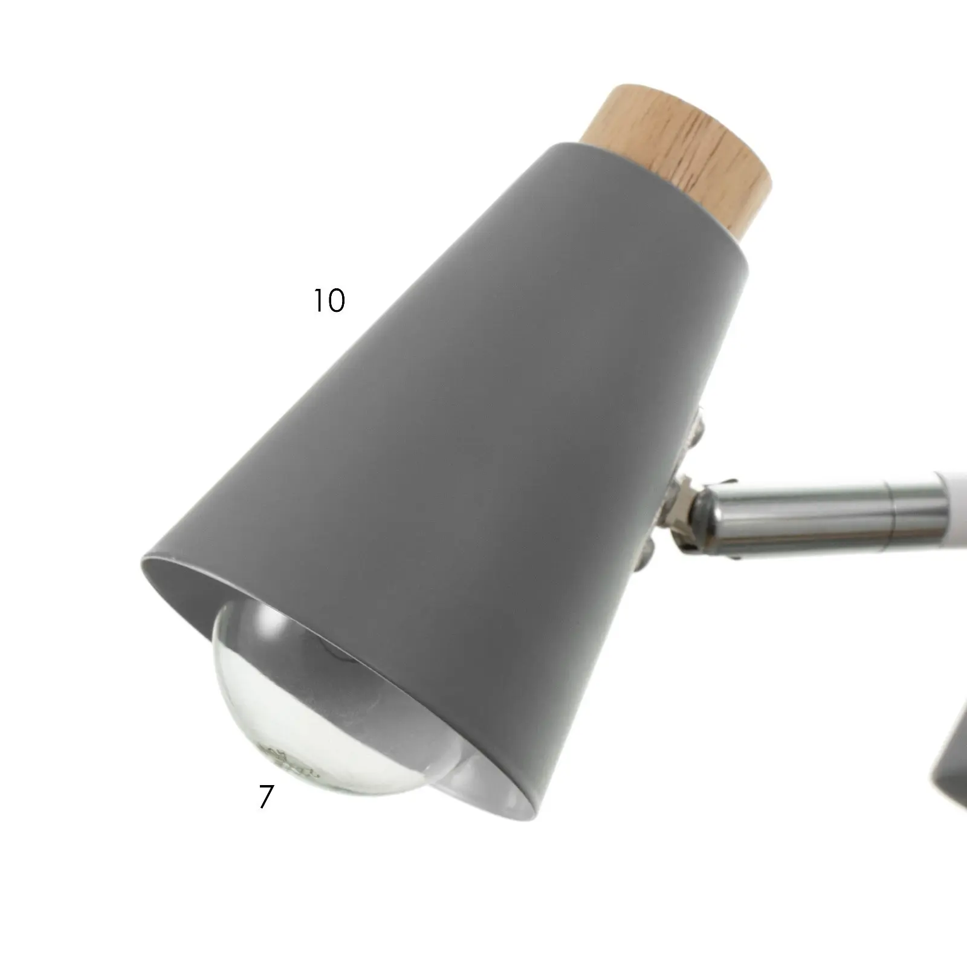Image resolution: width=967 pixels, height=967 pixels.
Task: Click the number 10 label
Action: (x=329, y=300)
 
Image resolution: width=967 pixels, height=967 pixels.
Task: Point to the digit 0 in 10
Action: (x=336, y=300)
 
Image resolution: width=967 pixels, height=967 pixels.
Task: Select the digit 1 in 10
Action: (x=318, y=300)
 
